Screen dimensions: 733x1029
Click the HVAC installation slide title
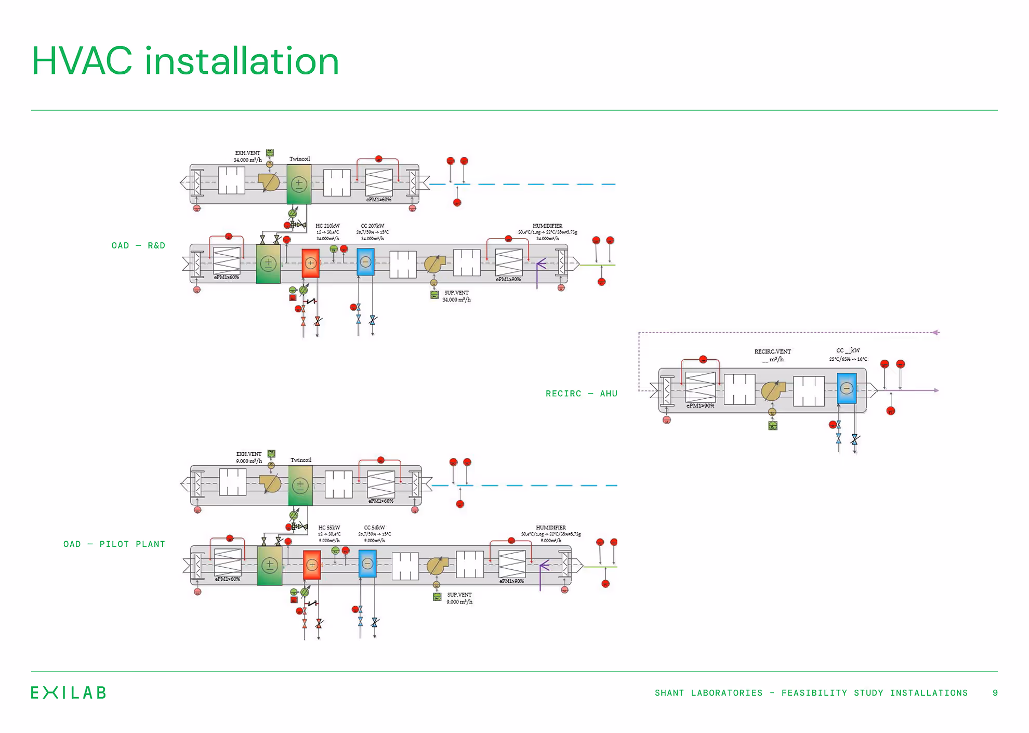tap(185, 61)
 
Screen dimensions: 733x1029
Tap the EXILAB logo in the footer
tap(68, 692)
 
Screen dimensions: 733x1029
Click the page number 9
tap(995, 693)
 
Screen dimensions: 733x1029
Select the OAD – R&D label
tap(138, 245)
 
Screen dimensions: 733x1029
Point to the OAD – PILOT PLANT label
tap(114, 544)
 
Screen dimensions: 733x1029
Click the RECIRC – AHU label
tap(581, 394)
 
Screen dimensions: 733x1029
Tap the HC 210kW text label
tap(327, 226)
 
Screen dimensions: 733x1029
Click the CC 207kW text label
tap(373, 226)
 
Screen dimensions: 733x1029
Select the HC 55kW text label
tap(329, 528)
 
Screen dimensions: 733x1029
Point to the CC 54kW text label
tap(374, 528)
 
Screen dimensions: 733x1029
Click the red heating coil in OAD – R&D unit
tap(310, 263)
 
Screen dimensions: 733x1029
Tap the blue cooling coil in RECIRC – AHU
tap(846, 388)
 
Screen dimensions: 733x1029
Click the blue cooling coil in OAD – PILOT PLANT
tap(367, 564)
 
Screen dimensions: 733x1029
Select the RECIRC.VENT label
tap(772, 352)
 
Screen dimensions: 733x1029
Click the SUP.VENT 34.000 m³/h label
tap(456, 296)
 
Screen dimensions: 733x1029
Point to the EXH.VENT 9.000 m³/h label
tap(249, 457)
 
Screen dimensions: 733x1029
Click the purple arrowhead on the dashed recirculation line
tap(935, 332)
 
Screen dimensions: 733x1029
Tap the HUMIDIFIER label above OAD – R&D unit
tap(547, 226)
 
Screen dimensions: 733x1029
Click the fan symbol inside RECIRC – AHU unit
tap(773, 391)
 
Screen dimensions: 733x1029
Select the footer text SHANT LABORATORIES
tap(708, 693)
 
